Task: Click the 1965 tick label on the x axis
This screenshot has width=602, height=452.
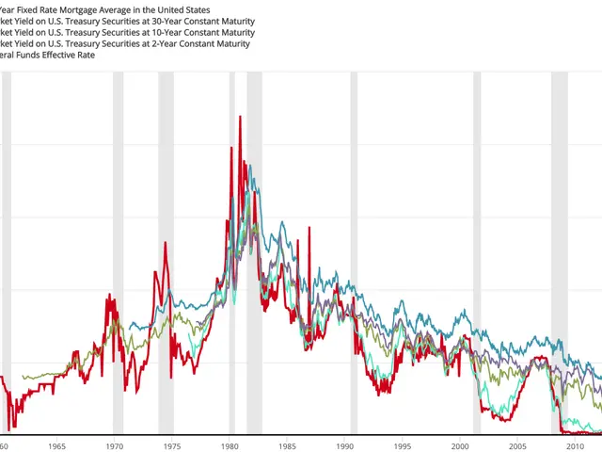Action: [x=56, y=446]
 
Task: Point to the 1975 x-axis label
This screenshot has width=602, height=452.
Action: [x=172, y=446]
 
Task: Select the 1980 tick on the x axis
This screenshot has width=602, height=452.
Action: [x=230, y=446]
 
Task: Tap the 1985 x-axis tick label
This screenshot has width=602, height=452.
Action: [x=288, y=446]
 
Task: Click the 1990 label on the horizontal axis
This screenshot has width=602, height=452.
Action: [x=345, y=446]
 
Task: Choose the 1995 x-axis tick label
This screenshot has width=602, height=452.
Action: [x=404, y=446]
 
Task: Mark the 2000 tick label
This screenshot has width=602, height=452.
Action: [x=461, y=446]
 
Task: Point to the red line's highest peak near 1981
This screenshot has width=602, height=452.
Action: [x=240, y=117]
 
